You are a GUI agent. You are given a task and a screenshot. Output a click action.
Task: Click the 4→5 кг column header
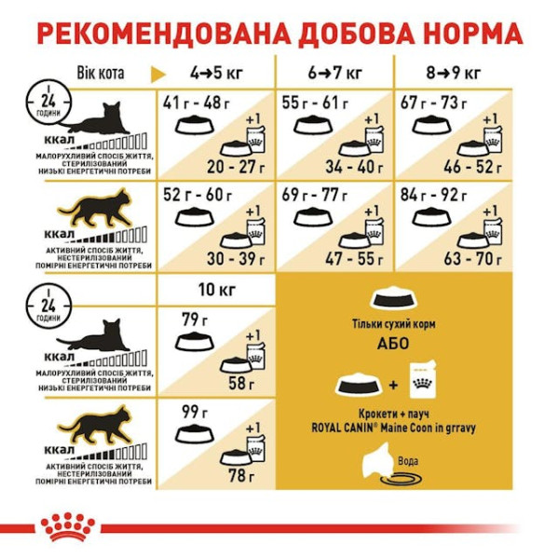click(x=215, y=73)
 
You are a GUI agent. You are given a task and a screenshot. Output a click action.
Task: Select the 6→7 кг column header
click(x=335, y=73)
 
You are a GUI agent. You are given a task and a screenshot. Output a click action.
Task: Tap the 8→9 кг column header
click(x=456, y=73)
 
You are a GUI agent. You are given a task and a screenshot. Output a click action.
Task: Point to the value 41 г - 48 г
click(x=196, y=103)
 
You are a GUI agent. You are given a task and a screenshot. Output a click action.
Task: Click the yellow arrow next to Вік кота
click(x=159, y=73)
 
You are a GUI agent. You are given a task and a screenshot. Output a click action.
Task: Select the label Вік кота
click(x=99, y=73)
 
